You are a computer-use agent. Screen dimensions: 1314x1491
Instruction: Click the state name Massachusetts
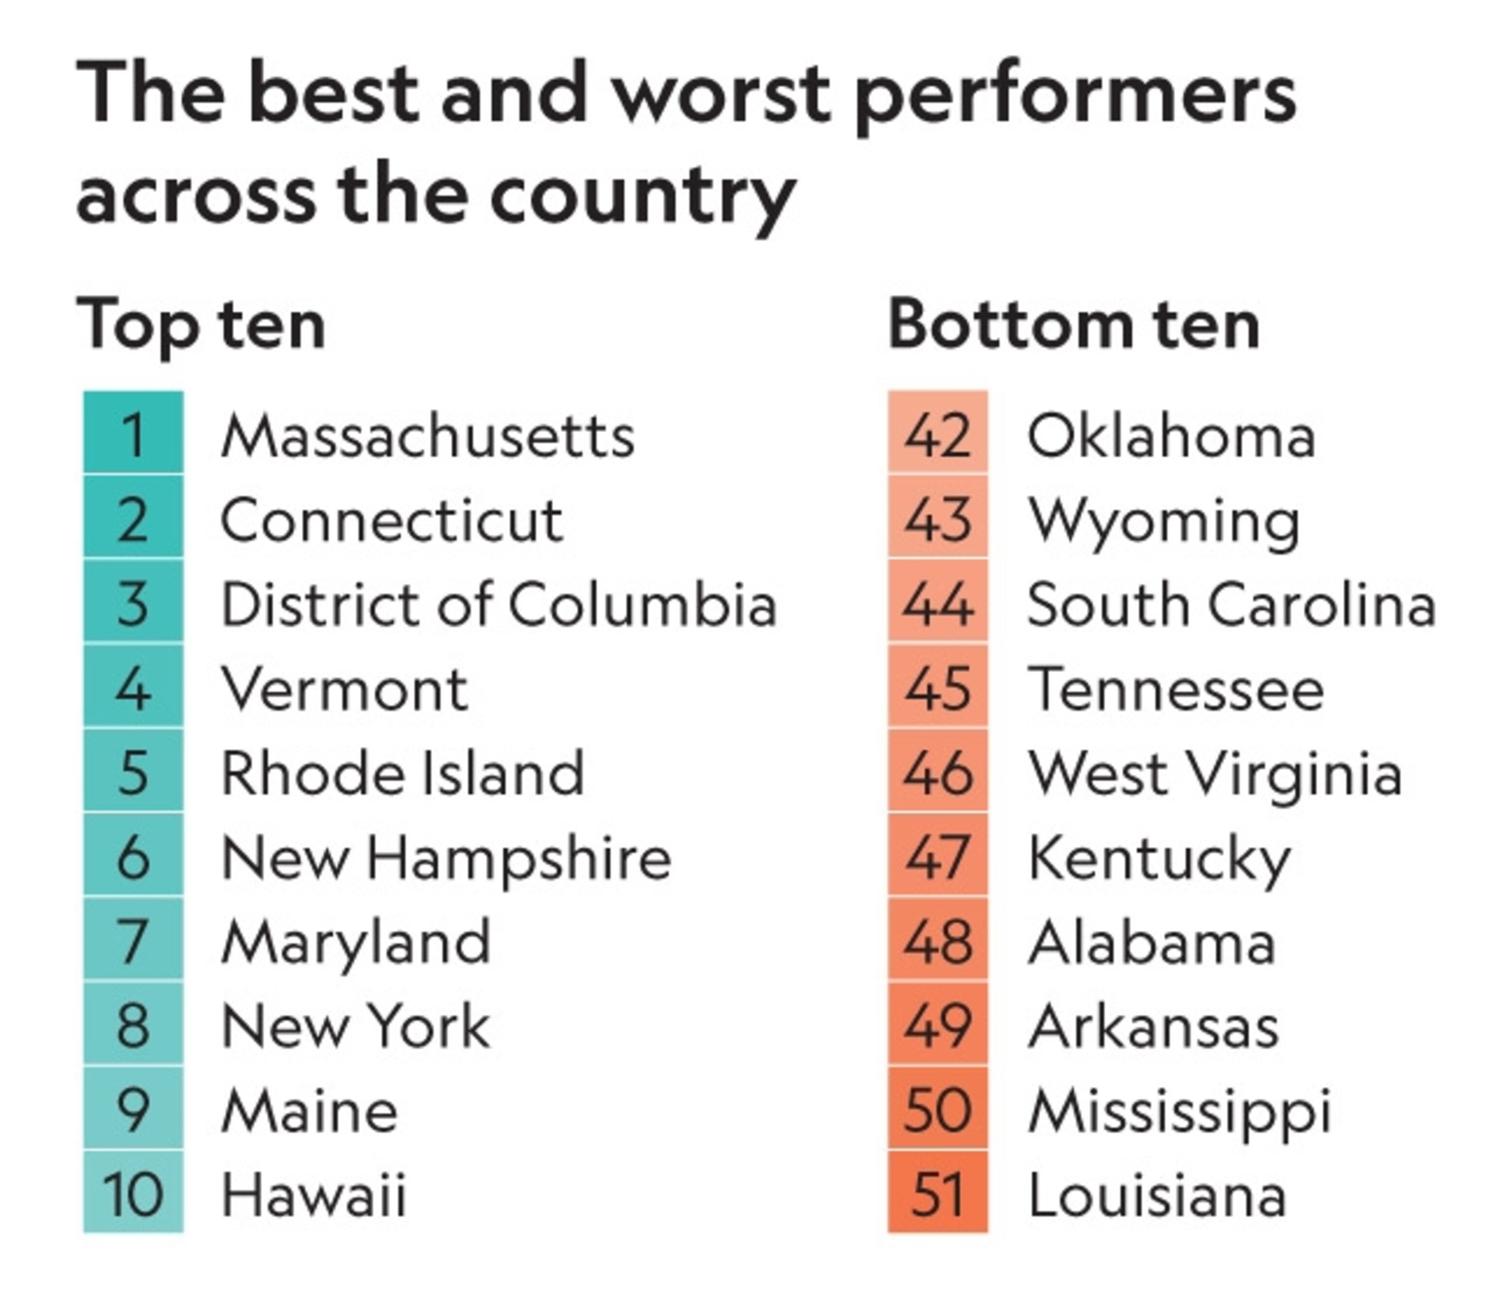tap(428, 436)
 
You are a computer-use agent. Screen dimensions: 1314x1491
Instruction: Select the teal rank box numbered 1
tap(133, 432)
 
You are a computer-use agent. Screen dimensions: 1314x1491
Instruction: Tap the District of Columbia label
tap(498, 605)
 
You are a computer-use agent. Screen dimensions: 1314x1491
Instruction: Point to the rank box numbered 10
tap(133, 1194)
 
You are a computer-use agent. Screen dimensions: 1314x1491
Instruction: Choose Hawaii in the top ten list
tap(313, 1195)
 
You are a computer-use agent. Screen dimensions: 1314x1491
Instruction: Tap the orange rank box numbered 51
tap(937, 1194)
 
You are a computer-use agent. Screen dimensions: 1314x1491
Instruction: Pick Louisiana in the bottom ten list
tap(1156, 1195)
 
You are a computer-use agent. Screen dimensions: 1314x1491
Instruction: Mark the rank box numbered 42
tap(937, 432)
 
